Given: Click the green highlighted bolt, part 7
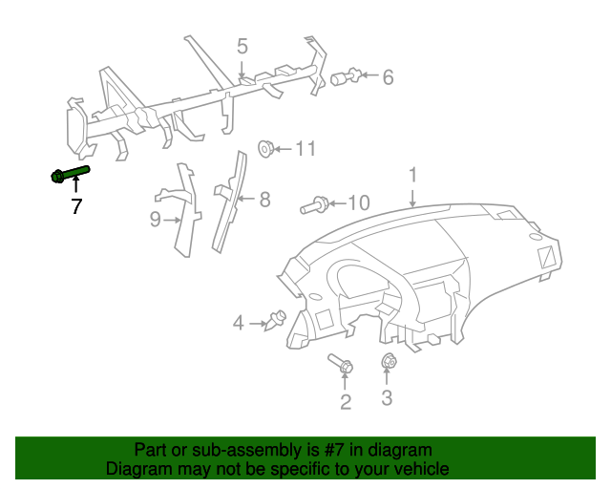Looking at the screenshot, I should tap(70, 174).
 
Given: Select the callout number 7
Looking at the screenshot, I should tap(75, 205).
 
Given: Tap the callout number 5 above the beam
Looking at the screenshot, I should tap(242, 46).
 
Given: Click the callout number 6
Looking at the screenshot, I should tap(388, 76).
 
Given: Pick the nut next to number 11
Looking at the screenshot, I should tap(266, 148).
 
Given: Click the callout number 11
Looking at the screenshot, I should tap(305, 148).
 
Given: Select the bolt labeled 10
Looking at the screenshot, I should tap(315, 203).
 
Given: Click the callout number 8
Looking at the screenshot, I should tap(264, 199).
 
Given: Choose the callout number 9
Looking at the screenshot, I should tap(155, 221).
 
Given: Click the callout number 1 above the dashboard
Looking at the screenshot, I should tap(413, 175).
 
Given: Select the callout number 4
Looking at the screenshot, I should tap(239, 324).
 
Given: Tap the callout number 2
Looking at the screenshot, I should tap(346, 401).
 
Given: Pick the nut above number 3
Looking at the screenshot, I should tap(389, 361).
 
